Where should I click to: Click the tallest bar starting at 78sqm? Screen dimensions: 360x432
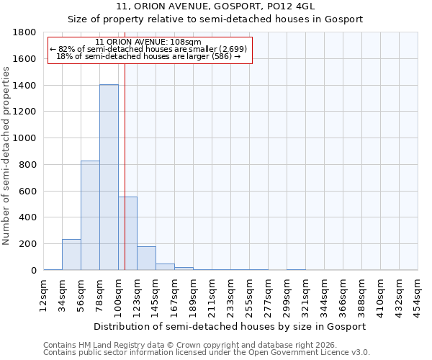[109, 177]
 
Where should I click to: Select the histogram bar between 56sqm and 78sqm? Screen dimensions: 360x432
[90, 215]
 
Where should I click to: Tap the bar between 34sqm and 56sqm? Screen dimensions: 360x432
[71, 255]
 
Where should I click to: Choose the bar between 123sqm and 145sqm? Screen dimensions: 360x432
[146, 258]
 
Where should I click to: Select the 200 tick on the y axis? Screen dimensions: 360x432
[28, 244]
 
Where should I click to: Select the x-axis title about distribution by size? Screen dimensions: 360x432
[230, 326]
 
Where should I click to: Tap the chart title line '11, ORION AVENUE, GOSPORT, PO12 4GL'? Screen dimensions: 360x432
[215, 6]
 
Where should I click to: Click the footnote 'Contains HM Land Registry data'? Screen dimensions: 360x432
[205, 345]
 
